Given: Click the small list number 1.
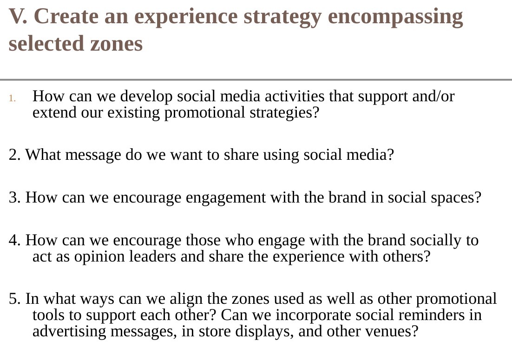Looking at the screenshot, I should tap(13, 98).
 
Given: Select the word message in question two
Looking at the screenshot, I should tap(93, 154).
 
